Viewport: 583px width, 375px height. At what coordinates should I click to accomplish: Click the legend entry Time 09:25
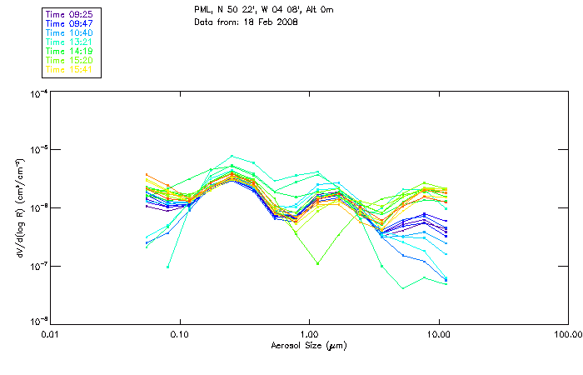(x=69, y=14)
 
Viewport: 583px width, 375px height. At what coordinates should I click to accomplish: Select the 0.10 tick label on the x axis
(x=179, y=334)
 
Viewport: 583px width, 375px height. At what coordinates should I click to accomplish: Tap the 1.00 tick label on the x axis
(x=309, y=334)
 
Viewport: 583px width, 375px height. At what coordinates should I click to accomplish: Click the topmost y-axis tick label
(x=37, y=93)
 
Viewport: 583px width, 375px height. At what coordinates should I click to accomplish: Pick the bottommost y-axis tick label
(x=37, y=322)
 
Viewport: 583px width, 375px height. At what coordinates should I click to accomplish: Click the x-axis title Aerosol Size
(x=308, y=344)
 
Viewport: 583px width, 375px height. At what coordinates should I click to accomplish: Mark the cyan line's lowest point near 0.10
(x=168, y=267)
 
